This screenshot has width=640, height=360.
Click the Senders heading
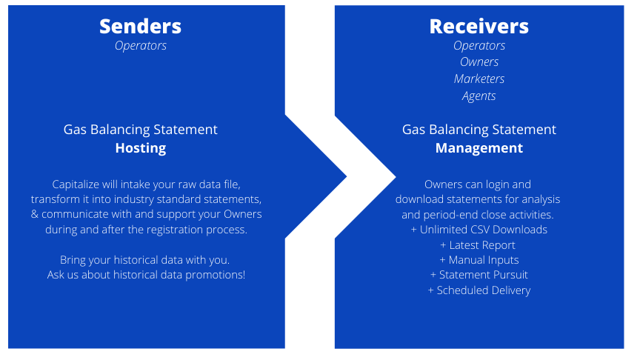(141, 27)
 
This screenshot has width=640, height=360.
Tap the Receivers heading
(479, 27)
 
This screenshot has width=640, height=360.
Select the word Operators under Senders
(141, 46)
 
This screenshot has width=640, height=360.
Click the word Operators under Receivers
(479, 46)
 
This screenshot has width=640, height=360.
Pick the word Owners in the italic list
(479, 61)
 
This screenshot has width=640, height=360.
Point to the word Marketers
(479, 79)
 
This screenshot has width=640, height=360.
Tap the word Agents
(479, 96)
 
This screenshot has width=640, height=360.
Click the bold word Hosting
(141, 148)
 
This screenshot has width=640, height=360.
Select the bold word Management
(479, 148)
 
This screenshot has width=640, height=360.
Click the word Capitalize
(76, 184)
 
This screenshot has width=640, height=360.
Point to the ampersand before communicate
(34, 214)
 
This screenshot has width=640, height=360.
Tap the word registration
(174, 230)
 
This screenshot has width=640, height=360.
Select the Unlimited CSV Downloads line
(479, 230)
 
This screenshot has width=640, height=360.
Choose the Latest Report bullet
(478, 245)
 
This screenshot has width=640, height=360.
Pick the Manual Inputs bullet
(479, 260)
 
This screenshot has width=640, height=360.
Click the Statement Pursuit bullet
(479, 275)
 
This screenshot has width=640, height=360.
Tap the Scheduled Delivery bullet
(479, 290)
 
